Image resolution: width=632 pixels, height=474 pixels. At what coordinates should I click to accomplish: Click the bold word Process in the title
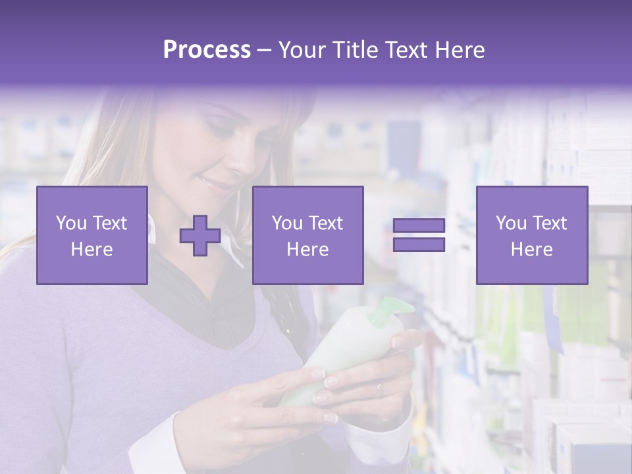pyautogui.click(x=207, y=50)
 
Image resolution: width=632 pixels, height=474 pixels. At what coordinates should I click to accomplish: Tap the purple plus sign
pyautogui.click(x=200, y=236)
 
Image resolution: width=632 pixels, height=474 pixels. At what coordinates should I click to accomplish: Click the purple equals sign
pyautogui.click(x=419, y=235)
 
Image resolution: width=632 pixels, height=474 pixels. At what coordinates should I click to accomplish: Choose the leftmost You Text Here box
pyautogui.click(x=92, y=235)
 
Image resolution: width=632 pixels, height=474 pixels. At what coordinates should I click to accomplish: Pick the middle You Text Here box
pyautogui.click(x=307, y=235)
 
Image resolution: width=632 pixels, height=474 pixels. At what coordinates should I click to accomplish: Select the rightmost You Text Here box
pyautogui.click(x=531, y=235)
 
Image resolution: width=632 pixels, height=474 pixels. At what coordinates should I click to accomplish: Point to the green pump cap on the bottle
pyautogui.click(x=388, y=311)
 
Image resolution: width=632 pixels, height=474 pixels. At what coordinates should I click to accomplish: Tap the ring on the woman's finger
pyautogui.click(x=379, y=390)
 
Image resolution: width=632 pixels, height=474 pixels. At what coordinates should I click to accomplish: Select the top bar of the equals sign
pyautogui.click(x=419, y=225)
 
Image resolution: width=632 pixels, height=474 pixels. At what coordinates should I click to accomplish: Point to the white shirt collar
pyautogui.click(x=230, y=244)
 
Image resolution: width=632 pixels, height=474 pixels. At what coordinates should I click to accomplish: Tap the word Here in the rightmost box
pyautogui.click(x=531, y=249)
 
